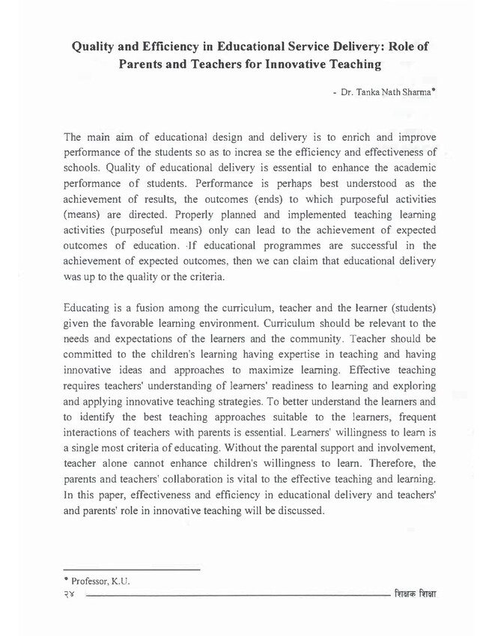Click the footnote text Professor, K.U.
click(100, 581)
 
